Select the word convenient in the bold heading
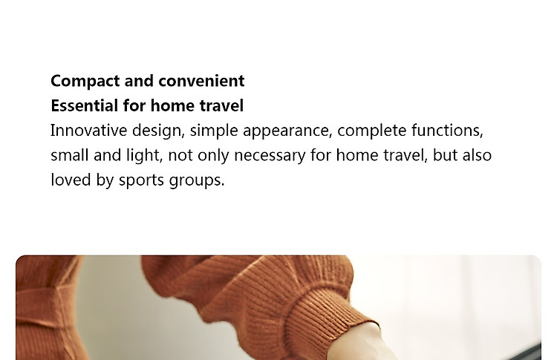tap(201, 81)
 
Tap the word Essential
tap(84, 105)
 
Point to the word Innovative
tap(88, 131)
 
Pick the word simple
tap(214, 131)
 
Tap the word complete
tap(371, 131)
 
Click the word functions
tap(447, 131)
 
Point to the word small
tap(69, 155)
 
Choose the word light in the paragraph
tap(144, 156)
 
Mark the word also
tap(477, 155)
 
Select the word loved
tap(71, 180)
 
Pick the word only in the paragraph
tap(213, 156)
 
